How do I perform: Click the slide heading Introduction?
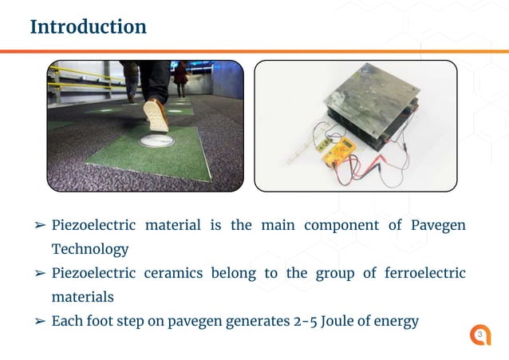(x=88, y=27)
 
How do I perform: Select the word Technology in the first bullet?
(x=90, y=249)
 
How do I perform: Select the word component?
(x=345, y=225)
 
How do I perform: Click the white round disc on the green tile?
(x=157, y=141)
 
